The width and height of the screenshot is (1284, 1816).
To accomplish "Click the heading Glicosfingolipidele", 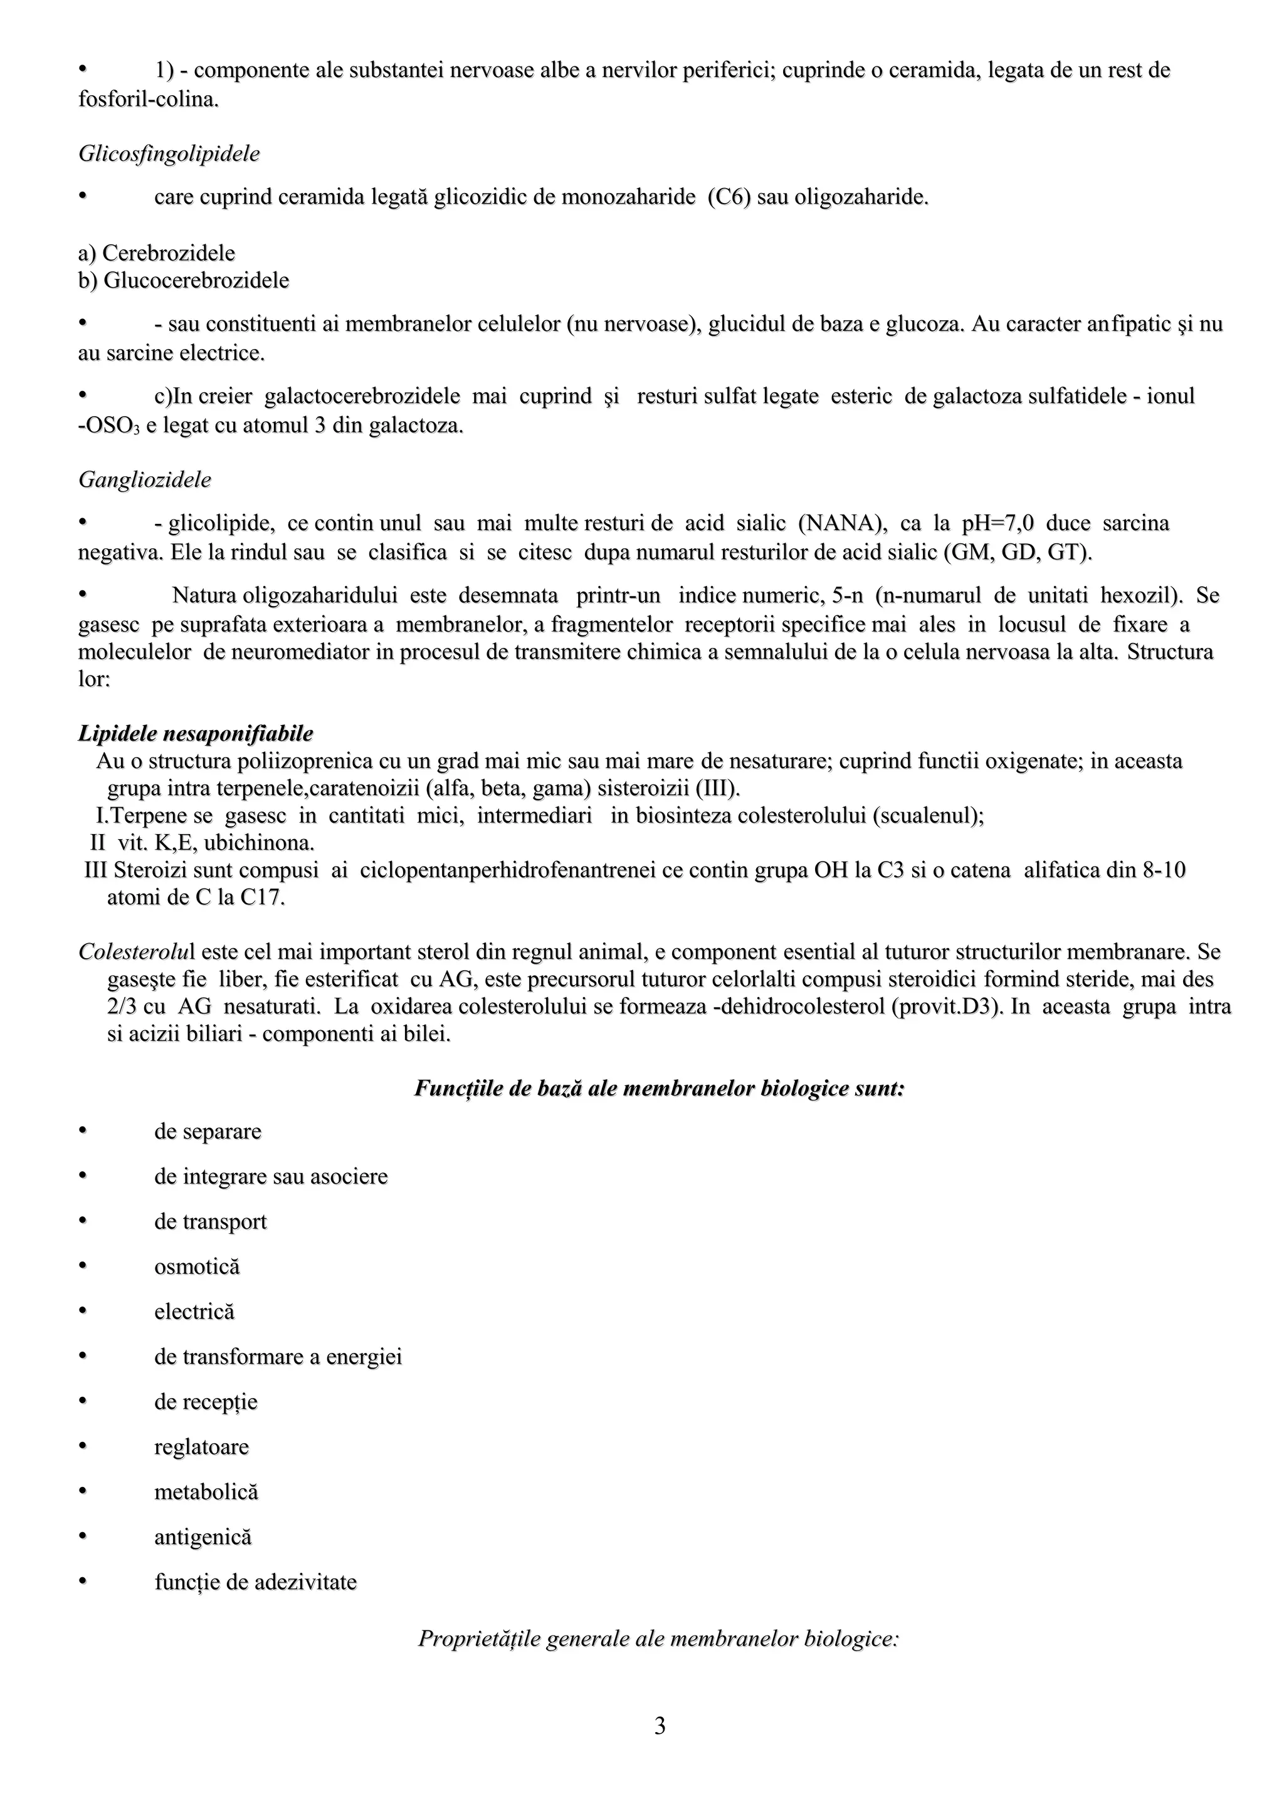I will (169, 154).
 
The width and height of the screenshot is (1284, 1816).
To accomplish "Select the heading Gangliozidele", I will (145, 480).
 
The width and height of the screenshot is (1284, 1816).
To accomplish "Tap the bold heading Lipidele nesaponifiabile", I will (196, 734).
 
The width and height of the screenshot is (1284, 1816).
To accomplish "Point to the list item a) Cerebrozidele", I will (157, 253).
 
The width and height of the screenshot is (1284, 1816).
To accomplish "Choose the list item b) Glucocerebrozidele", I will (184, 281).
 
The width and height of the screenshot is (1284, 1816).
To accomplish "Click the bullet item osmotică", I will (197, 1266).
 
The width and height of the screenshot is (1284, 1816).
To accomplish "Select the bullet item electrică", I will (194, 1312).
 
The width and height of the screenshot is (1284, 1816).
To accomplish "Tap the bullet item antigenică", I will (203, 1537).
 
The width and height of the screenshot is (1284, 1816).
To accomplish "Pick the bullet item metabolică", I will (206, 1491).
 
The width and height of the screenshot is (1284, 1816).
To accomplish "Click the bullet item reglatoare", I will (202, 1447).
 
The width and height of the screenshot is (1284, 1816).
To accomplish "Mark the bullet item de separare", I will (208, 1131).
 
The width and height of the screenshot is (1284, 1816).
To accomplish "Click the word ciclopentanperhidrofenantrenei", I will (508, 871).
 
